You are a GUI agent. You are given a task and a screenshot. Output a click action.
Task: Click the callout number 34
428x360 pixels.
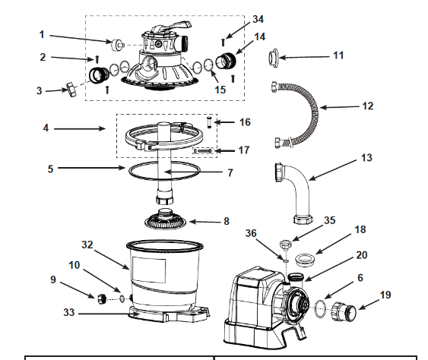point(258,19)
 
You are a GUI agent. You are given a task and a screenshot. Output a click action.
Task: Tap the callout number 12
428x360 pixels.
point(367,106)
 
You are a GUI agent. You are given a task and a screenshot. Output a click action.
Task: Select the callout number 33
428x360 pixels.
point(68,312)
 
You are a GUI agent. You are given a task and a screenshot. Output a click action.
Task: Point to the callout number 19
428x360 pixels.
point(385,295)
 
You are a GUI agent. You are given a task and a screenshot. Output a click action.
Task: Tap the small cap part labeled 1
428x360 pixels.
point(118,45)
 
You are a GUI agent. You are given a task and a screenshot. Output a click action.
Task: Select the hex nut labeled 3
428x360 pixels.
point(71,89)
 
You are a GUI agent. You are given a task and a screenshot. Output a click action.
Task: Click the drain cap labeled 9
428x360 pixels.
point(102,299)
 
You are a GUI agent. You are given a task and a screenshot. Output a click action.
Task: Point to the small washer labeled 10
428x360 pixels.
point(122,299)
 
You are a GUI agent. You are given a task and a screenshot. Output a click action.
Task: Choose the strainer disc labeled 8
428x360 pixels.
point(166,219)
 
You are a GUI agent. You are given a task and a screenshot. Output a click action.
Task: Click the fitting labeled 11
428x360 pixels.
point(273,58)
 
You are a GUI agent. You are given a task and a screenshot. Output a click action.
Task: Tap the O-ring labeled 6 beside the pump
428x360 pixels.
point(320,308)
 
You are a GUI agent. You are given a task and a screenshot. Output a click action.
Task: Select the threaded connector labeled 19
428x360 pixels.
point(344,311)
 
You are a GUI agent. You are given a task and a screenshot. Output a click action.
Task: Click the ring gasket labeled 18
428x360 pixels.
point(305,259)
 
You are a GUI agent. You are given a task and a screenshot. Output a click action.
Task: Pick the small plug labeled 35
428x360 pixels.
point(285,244)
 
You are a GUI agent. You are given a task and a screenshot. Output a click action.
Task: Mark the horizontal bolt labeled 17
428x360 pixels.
point(203,151)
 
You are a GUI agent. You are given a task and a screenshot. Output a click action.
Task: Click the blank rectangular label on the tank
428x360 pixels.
point(149,271)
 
